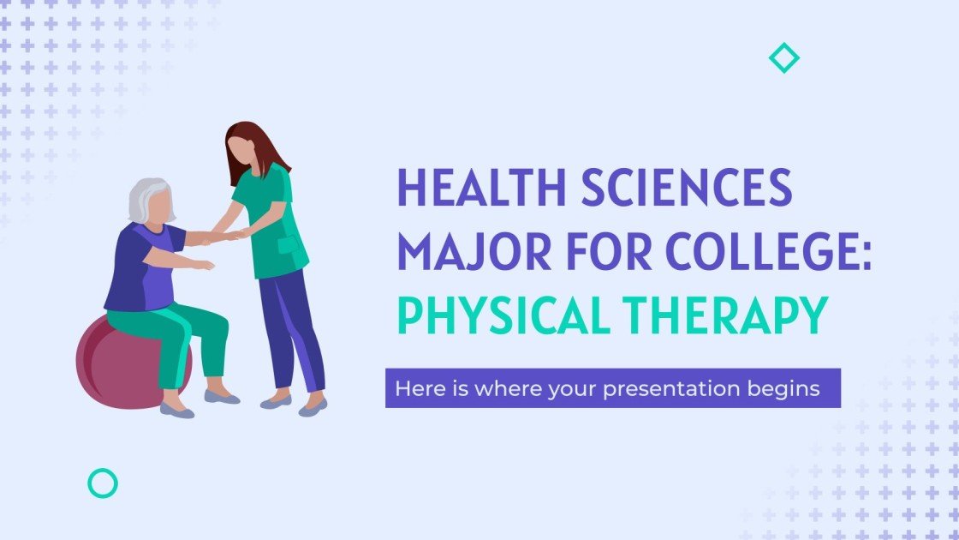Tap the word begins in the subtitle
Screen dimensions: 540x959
coord(787,388)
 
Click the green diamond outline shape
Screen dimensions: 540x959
coord(783,58)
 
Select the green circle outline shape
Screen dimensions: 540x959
coord(103,483)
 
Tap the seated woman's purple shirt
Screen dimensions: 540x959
coord(137,270)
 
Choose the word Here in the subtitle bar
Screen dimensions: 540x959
coord(414,388)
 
